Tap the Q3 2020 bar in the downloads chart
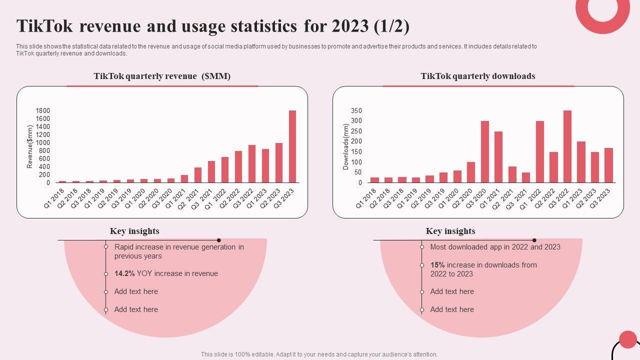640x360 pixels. (x=485, y=152)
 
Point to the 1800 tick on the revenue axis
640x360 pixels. (x=43, y=110)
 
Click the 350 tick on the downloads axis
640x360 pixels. (x=356, y=110)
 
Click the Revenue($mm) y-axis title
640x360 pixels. (x=30, y=146)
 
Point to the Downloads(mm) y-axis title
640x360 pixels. (x=346, y=146)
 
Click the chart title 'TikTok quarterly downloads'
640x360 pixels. (x=478, y=76)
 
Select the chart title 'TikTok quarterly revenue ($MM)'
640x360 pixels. (x=162, y=76)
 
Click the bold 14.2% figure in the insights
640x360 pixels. (x=124, y=273)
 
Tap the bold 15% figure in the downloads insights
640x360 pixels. (x=437, y=265)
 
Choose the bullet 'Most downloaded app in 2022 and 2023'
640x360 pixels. (x=495, y=247)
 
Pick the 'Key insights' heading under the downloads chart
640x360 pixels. (x=450, y=231)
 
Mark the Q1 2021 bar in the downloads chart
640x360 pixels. (x=498, y=157)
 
